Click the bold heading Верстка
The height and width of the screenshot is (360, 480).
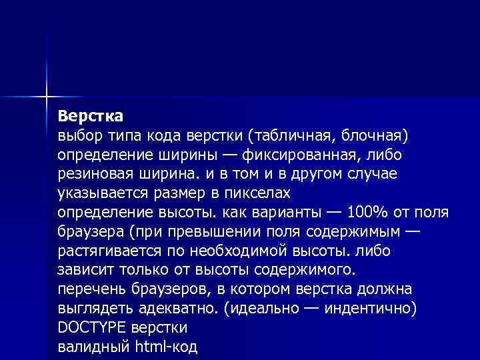[90, 116]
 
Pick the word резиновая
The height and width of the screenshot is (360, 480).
[96, 173]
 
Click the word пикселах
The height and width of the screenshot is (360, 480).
[259, 193]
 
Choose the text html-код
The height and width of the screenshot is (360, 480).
[167, 347]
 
